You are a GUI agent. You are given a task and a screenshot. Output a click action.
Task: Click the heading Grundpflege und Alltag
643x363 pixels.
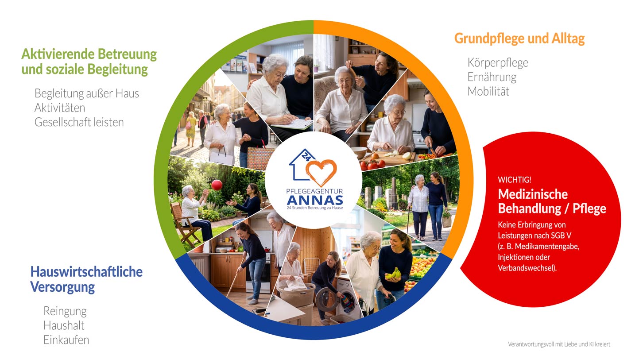click(519, 39)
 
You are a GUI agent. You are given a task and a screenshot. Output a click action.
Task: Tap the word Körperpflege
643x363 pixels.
click(498, 63)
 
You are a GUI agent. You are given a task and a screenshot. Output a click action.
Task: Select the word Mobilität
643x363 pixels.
click(488, 92)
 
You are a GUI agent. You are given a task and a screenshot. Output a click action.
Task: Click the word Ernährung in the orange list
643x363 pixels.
click(492, 77)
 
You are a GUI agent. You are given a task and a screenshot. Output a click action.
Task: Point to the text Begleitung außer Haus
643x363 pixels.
click(87, 93)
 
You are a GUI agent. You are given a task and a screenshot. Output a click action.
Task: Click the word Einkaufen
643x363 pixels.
click(66, 340)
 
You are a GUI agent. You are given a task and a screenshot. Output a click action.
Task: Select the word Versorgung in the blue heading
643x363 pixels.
click(62, 287)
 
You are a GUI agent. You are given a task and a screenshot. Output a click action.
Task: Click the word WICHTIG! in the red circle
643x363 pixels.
click(515, 180)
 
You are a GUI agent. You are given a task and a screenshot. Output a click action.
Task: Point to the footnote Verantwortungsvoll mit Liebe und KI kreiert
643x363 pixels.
click(559, 344)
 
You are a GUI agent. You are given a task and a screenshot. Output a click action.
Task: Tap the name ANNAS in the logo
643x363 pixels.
click(315, 200)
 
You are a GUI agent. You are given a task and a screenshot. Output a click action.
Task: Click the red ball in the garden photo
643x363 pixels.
click(217, 185)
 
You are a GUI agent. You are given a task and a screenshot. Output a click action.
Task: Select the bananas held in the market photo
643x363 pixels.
click(393, 273)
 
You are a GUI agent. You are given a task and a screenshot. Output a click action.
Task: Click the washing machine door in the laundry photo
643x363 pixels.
click(325, 299)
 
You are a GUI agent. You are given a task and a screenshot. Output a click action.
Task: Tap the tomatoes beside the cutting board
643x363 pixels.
click(372, 165)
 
